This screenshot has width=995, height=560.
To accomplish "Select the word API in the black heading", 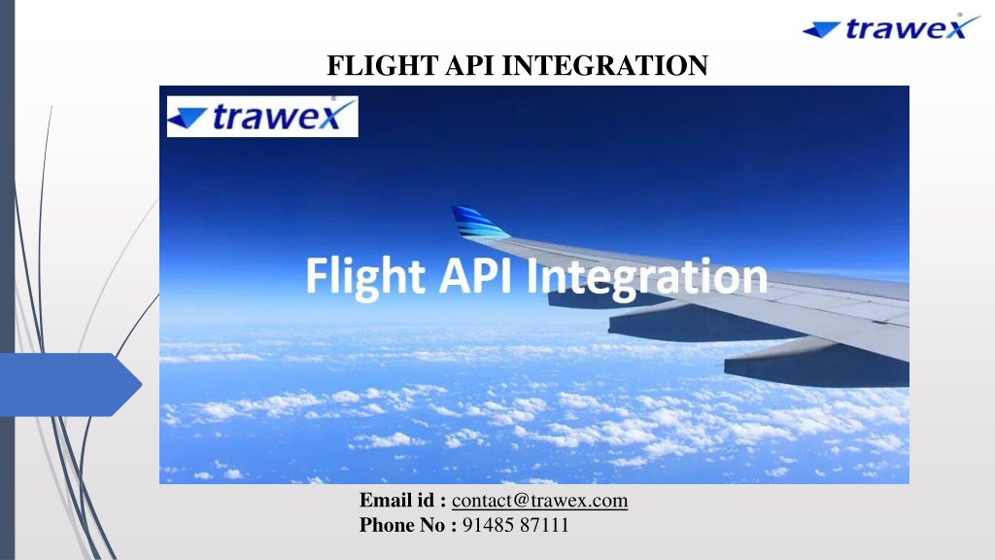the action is click(x=469, y=65).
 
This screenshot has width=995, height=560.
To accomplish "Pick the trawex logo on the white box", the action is click(x=262, y=117).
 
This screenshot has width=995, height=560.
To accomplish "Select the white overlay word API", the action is click(x=476, y=275).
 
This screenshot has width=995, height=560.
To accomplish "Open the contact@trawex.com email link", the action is click(x=539, y=501).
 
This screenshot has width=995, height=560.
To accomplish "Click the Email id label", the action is click(x=402, y=501).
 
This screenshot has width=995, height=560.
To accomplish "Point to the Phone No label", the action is click(x=407, y=525).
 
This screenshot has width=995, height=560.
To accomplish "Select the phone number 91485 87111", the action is click(x=515, y=525).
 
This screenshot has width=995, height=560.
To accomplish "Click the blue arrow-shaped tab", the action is click(x=70, y=385).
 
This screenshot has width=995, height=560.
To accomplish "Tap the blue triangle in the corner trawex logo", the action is click(x=822, y=29).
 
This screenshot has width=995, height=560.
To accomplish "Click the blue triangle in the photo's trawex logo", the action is click(x=188, y=118).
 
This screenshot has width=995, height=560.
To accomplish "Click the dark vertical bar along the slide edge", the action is click(x=7, y=280).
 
